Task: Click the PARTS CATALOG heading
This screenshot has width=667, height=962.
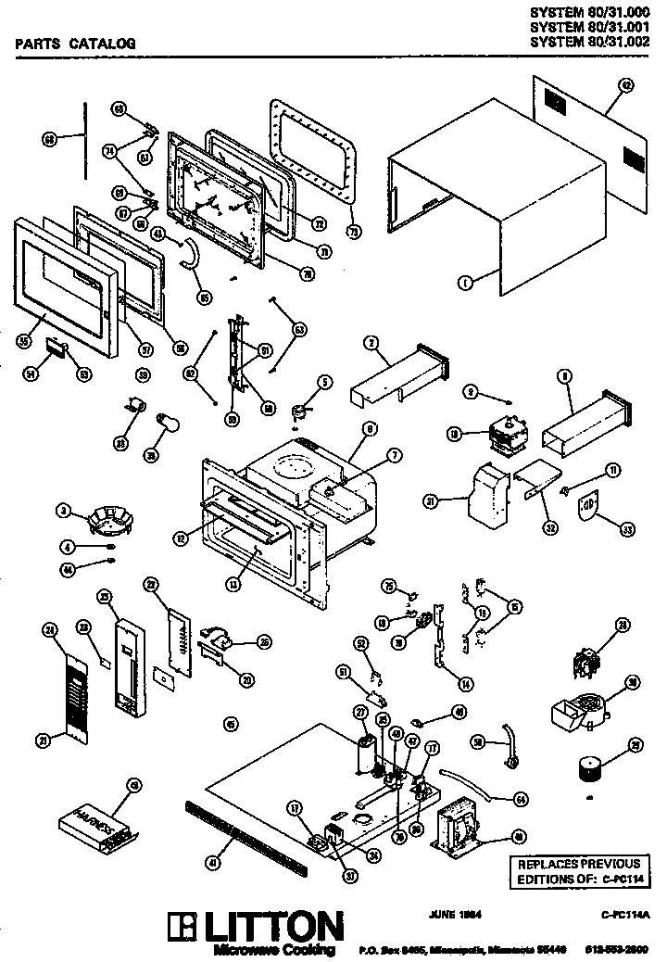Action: point(76,43)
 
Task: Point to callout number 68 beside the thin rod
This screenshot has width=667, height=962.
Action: point(50,138)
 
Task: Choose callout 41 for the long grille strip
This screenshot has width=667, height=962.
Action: point(214,863)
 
